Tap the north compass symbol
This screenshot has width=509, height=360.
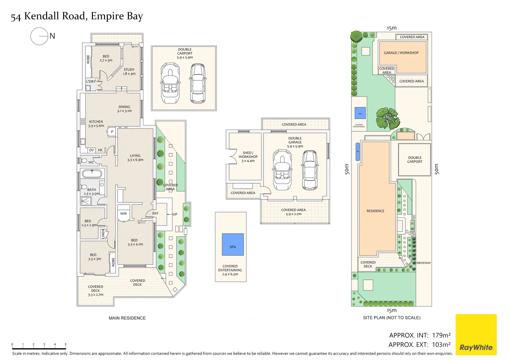(40, 36)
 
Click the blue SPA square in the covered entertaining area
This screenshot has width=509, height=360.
(233, 244)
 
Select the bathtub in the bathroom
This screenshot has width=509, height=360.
(92, 174)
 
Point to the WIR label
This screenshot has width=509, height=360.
(124, 214)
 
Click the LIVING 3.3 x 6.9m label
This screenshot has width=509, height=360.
(135, 158)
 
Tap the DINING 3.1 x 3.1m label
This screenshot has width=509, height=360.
(124, 109)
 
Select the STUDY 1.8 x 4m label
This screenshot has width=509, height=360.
(129, 72)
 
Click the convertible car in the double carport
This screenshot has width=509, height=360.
(170, 83)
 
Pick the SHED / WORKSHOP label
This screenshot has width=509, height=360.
(248, 157)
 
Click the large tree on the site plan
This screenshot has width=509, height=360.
(387, 118)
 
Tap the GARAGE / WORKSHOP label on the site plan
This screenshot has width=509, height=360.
(401, 53)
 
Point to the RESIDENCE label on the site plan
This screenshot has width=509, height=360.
(375, 211)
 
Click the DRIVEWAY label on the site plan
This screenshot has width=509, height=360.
(423, 263)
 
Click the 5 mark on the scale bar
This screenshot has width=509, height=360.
(66, 345)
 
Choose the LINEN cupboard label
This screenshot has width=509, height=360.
(103, 233)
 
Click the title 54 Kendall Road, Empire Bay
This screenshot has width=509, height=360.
(77, 16)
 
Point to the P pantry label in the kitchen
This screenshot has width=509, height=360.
(112, 132)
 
